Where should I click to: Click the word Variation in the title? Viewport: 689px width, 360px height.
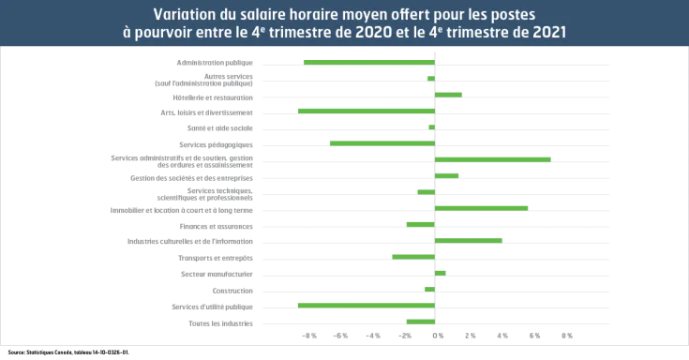(183, 14)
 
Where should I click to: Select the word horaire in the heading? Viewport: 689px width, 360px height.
(325, 14)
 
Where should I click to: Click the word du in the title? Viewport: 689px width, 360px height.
(228, 14)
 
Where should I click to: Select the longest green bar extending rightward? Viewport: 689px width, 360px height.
(494, 159)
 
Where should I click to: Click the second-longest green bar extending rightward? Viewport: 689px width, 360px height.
(484, 207)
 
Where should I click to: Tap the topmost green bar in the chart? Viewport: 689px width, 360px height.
(370, 62)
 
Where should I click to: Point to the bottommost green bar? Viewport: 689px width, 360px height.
(421, 321)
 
